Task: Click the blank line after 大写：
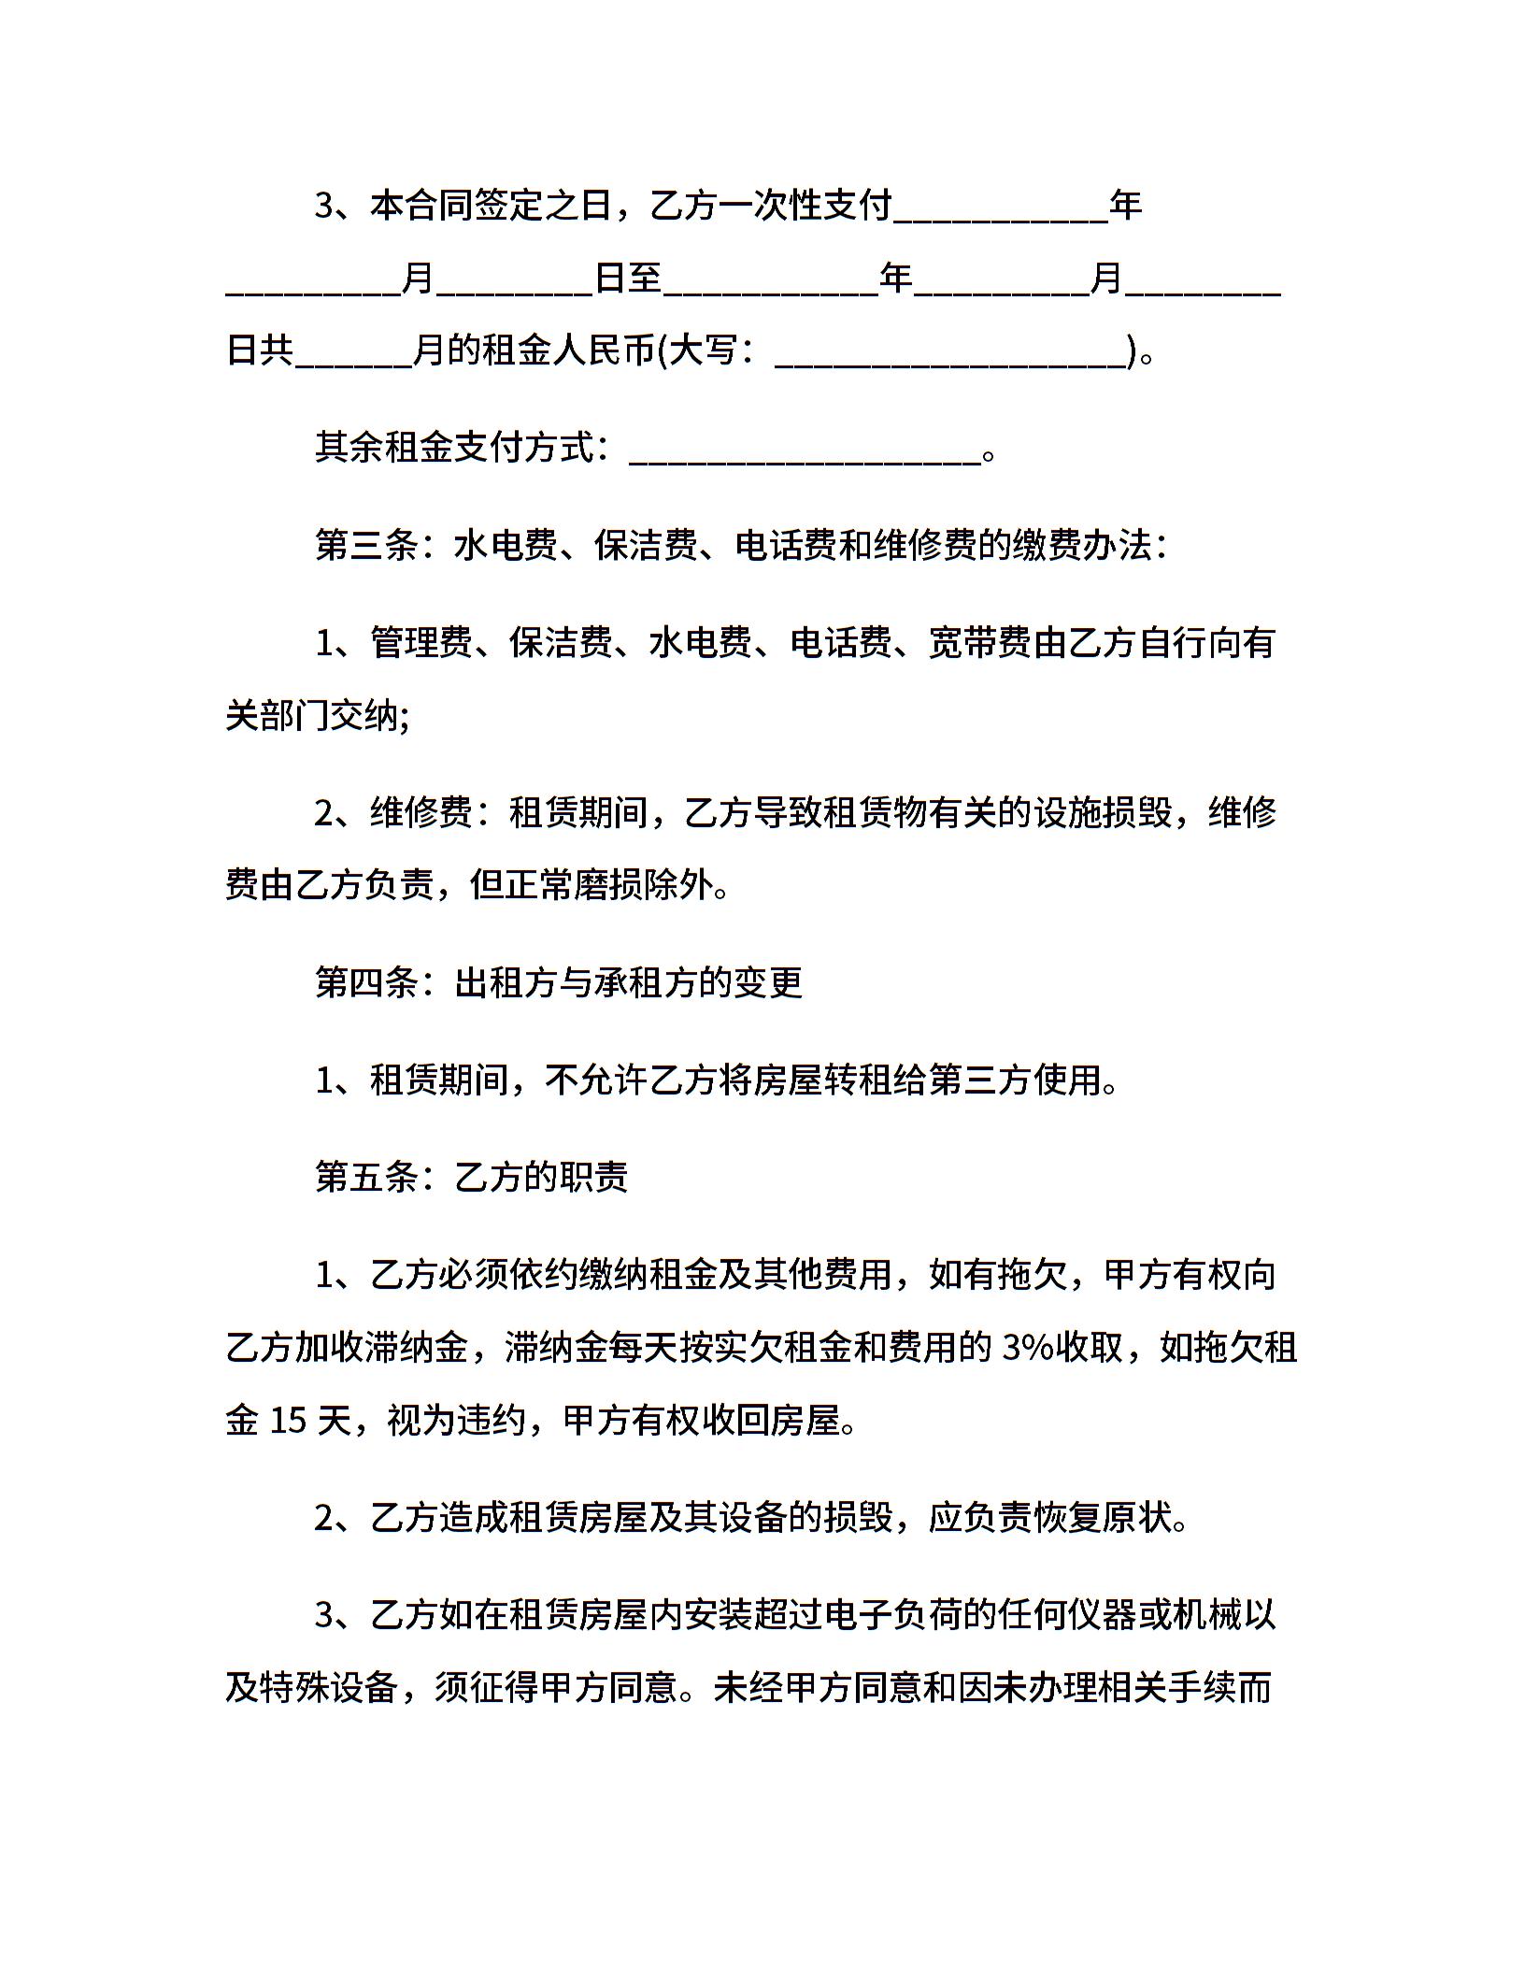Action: (951, 352)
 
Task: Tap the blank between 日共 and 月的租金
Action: (353, 352)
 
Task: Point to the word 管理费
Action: (420, 643)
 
